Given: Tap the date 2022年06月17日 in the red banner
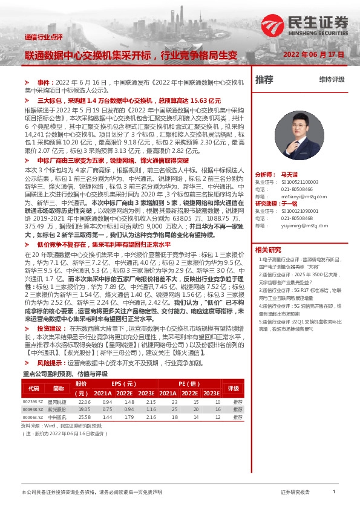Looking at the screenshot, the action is tap(313, 54).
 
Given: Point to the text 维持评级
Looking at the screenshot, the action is tap(332, 80).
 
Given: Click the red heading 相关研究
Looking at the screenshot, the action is tap(267, 250).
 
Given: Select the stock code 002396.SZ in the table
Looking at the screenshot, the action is tap(33, 401).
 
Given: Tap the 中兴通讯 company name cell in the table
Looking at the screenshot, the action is tap(57, 417).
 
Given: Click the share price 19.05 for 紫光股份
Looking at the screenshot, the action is tap(84, 409).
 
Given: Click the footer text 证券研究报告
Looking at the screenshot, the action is tap(296, 493).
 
